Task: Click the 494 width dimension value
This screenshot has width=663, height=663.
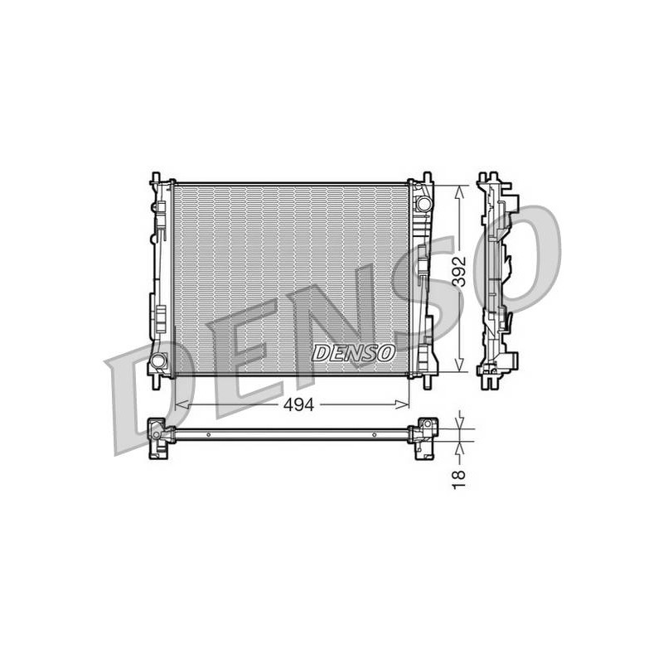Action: [299, 404]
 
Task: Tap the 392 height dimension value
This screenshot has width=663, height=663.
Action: [460, 271]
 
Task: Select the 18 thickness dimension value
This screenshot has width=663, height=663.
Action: [459, 480]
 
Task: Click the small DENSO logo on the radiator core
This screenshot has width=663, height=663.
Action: [354, 352]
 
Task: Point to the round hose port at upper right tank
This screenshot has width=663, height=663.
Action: [423, 203]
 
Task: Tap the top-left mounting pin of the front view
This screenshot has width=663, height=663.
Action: [156, 177]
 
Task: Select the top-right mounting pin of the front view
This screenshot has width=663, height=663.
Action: [427, 177]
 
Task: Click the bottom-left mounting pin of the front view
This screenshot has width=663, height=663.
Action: [156, 383]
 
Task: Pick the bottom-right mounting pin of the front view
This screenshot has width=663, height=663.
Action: [428, 383]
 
